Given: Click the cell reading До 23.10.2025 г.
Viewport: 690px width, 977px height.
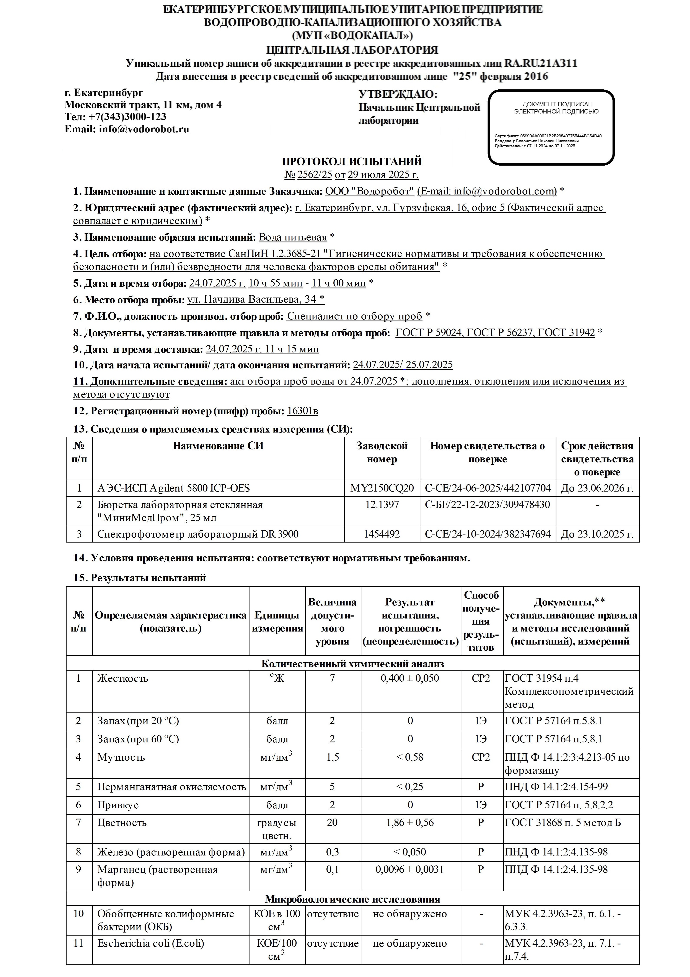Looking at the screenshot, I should [597, 534].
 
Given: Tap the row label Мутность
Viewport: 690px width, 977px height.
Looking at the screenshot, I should [121, 757].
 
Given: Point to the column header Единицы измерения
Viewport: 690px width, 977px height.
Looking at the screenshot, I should [277, 622].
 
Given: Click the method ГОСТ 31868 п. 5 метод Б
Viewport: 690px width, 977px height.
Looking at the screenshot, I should [563, 822].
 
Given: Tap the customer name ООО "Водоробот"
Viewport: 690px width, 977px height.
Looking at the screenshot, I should [369, 191].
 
